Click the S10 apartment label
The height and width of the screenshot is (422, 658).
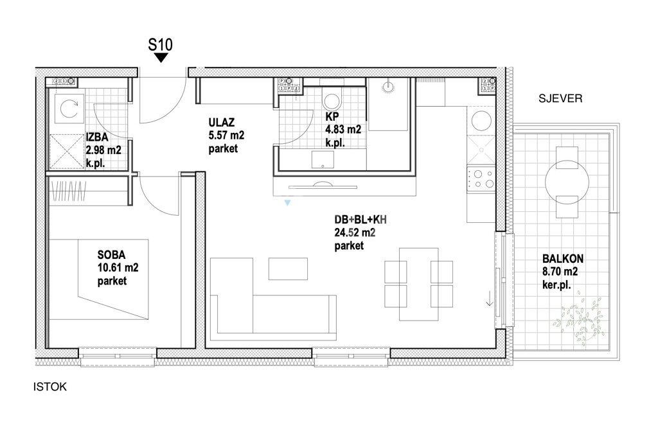160,44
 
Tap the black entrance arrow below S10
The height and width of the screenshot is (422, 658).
161,58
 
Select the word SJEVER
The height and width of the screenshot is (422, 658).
560,98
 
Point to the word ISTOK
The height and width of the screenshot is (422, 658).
50,387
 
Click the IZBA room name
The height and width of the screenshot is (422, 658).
97,137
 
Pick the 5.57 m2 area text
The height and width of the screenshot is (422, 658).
226,136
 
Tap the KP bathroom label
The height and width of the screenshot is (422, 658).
332,117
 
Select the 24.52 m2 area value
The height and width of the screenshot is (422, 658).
355,233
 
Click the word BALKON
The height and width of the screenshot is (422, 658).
563,258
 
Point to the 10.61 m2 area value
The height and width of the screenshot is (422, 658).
118,268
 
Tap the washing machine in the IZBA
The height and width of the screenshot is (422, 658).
67,109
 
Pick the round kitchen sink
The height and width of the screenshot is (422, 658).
481,121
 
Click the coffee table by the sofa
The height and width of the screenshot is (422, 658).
288,268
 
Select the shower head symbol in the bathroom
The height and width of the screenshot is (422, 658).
388,87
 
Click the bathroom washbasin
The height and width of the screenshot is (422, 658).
323,159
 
